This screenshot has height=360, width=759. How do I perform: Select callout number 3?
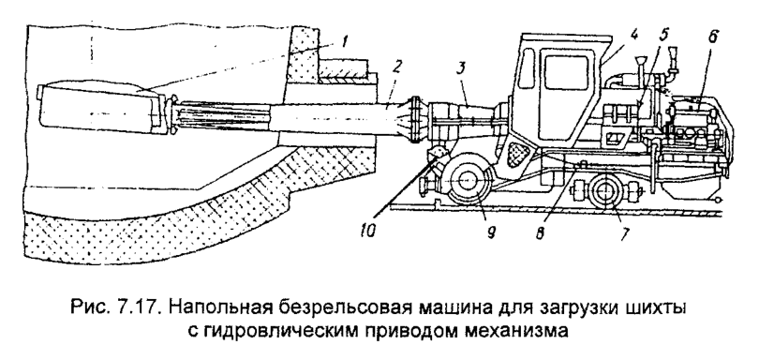click(x=462, y=70)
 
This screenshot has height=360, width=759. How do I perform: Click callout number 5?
click(x=664, y=39)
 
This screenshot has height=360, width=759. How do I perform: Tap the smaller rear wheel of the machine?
click(x=604, y=193)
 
